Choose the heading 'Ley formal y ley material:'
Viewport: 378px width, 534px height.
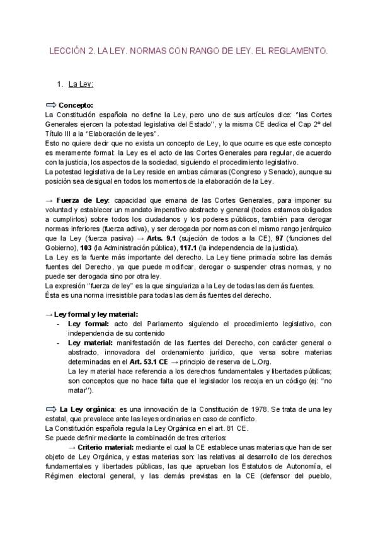(96, 314)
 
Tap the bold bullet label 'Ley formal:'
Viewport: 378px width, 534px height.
(88, 324)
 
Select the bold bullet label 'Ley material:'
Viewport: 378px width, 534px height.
(92, 343)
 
